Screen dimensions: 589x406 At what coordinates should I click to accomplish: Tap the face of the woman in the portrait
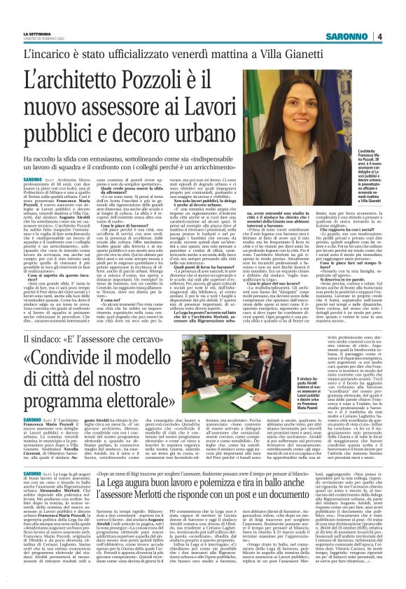[328, 110]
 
